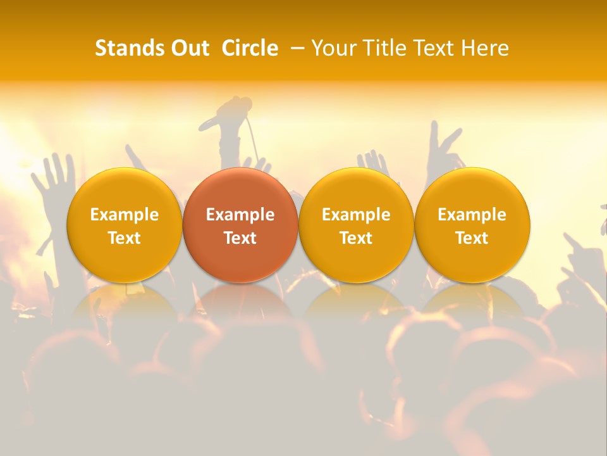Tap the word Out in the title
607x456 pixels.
[x=188, y=48]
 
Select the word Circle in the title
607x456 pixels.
[x=250, y=48]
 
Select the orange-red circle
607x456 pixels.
[x=240, y=225]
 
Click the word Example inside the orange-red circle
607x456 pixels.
[x=240, y=215]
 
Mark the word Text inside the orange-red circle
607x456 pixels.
[x=240, y=238]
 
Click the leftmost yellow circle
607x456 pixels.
[x=125, y=225]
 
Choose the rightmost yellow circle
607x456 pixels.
[x=472, y=225]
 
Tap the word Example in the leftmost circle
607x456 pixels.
[x=125, y=215]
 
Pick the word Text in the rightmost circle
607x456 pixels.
[x=472, y=238]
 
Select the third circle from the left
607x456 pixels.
[x=356, y=225]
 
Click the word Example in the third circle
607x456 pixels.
[x=356, y=215]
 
